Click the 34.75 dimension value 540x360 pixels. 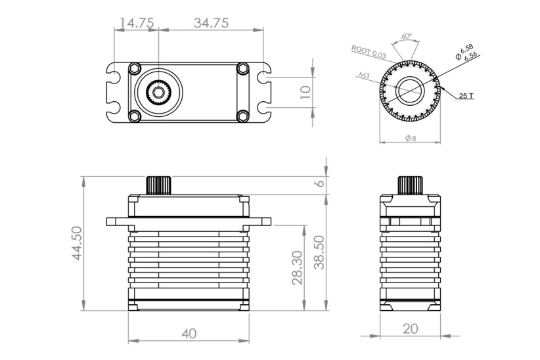210,23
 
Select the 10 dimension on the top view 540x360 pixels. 305,92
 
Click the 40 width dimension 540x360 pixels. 189,334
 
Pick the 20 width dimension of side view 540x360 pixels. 411,328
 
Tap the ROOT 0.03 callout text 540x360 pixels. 369,51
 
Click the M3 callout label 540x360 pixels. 364,76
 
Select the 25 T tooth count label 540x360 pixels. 466,96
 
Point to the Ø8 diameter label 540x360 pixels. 411,139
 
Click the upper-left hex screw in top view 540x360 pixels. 135,68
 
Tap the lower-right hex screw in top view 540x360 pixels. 242,116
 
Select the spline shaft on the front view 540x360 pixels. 158,185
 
